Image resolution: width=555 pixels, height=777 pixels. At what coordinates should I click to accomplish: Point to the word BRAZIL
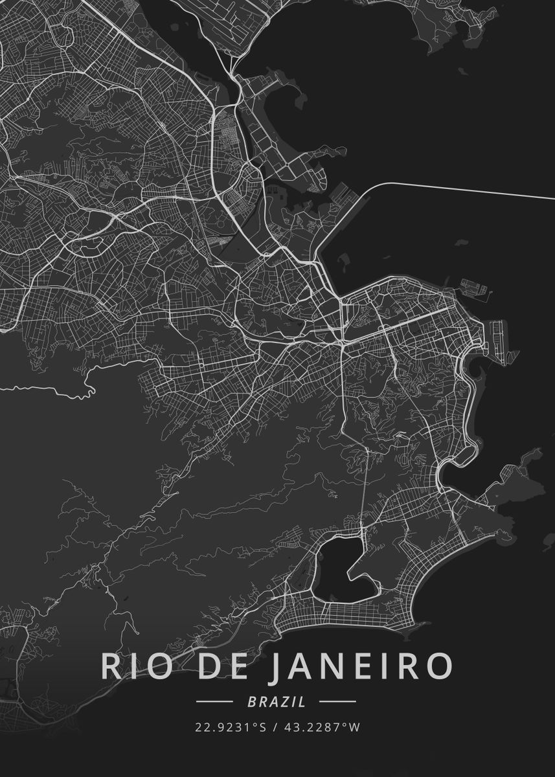[276, 701]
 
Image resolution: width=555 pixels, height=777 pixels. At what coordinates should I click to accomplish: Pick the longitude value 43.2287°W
[323, 727]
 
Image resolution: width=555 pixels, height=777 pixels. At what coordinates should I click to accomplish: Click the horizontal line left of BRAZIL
[214, 701]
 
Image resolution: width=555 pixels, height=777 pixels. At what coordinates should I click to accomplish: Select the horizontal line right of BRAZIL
[337, 701]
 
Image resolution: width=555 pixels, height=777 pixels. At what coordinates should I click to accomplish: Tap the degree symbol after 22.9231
[255, 725]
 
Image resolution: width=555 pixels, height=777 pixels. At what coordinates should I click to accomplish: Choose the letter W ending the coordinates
[354, 727]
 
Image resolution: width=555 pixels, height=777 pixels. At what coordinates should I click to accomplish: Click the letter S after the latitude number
[262, 727]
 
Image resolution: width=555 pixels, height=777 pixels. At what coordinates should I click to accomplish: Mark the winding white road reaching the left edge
[52, 390]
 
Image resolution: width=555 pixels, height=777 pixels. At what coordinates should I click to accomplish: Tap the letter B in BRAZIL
[251, 701]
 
